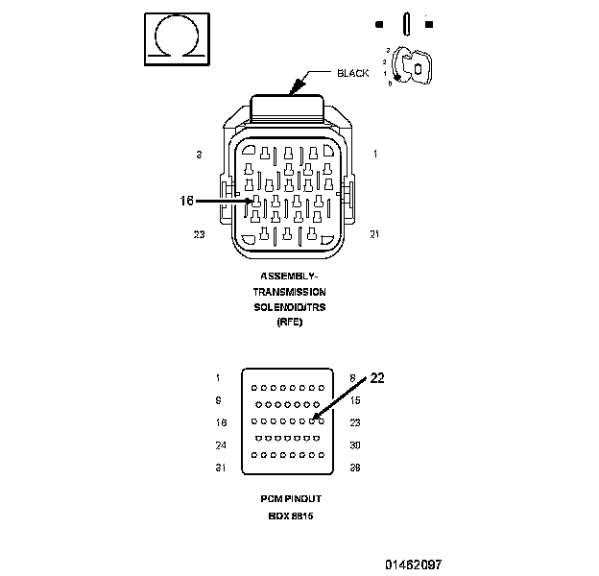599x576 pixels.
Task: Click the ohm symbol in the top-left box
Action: (x=175, y=37)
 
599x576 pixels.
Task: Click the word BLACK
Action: (x=353, y=73)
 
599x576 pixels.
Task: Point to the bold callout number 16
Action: (x=187, y=201)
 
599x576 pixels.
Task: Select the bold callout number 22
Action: (x=377, y=378)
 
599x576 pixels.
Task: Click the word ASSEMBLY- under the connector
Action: (x=289, y=276)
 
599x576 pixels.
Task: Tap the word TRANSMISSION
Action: (x=289, y=292)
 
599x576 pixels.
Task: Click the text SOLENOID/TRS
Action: (x=289, y=306)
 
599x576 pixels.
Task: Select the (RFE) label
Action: (x=289, y=322)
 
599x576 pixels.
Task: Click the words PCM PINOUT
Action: (x=289, y=500)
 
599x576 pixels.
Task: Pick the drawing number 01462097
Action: (x=414, y=565)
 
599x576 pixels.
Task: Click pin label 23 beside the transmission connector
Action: (x=199, y=233)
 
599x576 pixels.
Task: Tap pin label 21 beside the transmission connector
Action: (x=374, y=233)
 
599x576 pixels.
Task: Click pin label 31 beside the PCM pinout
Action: (x=220, y=468)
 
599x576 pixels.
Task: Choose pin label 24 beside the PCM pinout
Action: (x=220, y=445)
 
